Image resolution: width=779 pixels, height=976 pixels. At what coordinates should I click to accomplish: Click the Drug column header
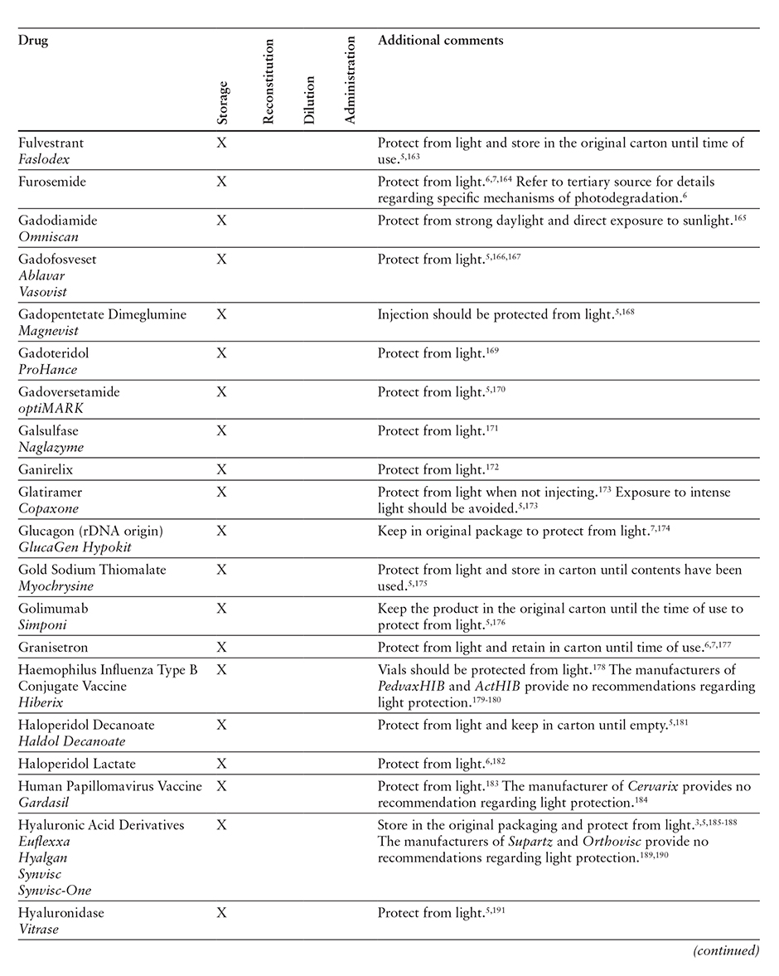pyautogui.click(x=33, y=41)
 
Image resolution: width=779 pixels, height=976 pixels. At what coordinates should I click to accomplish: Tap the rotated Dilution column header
pyautogui.click(x=309, y=100)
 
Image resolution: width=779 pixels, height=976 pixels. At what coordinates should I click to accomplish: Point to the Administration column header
pyautogui.click(x=350, y=80)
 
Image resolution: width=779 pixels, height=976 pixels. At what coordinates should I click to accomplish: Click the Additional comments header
pyautogui.click(x=440, y=41)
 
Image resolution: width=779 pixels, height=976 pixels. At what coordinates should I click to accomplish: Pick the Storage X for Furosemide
pyautogui.click(x=221, y=182)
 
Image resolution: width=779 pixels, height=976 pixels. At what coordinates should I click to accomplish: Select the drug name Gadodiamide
pyautogui.click(x=54, y=220)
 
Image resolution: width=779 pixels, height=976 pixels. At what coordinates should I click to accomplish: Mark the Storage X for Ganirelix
pyautogui.click(x=221, y=469)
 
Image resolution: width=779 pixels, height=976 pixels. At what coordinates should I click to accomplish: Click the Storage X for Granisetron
pyautogui.click(x=221, y=648)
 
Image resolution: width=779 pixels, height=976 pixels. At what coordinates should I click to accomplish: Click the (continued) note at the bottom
pyautogui.click(x=726, y=951)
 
